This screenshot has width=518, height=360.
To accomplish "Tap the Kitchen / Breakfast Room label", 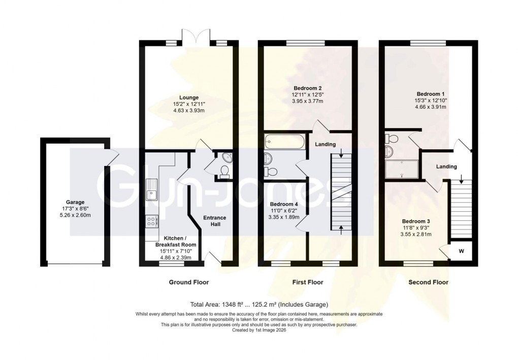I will (176, 241).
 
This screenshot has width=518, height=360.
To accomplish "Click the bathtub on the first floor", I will (283, 142).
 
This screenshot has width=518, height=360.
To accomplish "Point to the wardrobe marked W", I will (461, 250).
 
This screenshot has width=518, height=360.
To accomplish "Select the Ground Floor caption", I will (188, 282).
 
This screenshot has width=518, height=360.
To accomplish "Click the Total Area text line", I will (259, 305).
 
